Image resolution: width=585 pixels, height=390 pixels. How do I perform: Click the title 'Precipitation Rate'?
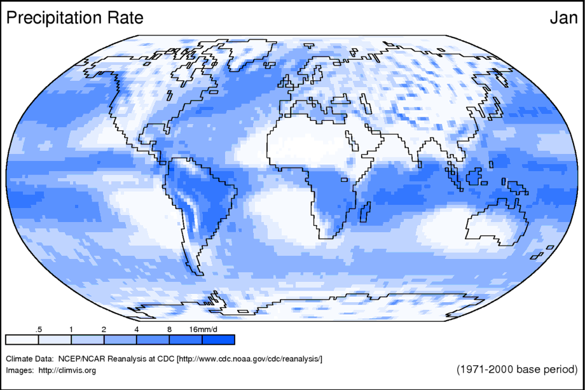point(74,18)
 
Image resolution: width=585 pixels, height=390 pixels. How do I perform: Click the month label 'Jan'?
point(563,18)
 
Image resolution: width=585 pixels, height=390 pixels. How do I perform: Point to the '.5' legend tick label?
point(39,329)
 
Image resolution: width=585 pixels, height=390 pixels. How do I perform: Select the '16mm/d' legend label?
point(203,329)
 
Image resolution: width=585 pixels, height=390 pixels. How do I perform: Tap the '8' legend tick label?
point(169,329)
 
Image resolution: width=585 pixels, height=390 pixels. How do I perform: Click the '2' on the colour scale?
point(104,329)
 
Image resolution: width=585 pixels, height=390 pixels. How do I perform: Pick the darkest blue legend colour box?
point(219,339)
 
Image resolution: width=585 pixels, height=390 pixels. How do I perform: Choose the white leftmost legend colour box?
point(22,339)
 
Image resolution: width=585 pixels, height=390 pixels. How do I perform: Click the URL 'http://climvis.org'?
point(67,370)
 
